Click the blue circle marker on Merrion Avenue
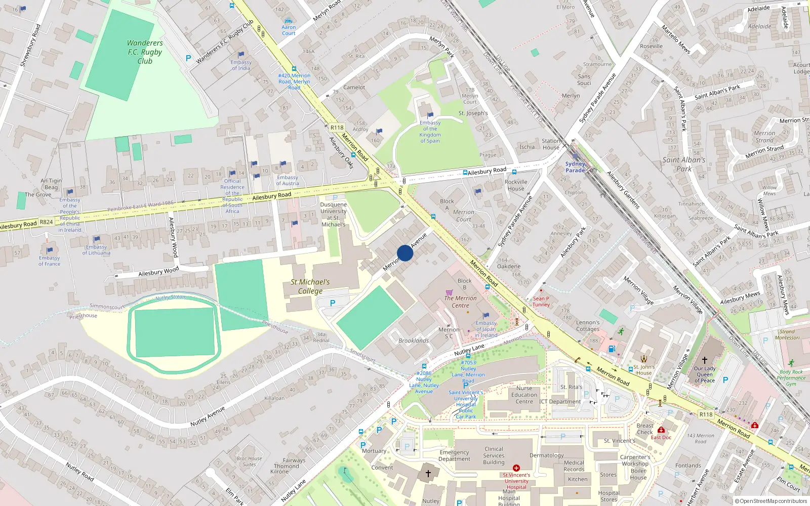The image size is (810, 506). pyautogui.click(x=405, y=253)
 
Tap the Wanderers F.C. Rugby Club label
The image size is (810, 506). pyautogui.click(x=145, y=52)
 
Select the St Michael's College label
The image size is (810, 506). pyautogui.click(x=310, y=286)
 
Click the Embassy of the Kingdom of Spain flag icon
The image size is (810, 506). pyautogui.click(x=430, y=115)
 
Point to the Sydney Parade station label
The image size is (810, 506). pyautogui.click(x=575, y=167)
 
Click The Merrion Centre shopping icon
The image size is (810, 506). pyautogui.click(x=449, y=292)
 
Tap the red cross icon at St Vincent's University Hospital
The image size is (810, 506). pyautogui.click(x=516, y=468)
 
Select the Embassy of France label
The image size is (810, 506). pyautogui.click(x=49, y=261)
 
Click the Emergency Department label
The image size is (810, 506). pyautogui.click(x=454, y=456)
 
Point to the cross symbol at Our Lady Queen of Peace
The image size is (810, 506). pyautogui.click(x=704, y=360)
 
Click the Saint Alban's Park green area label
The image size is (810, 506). pyautogui.click(x=684, y=164)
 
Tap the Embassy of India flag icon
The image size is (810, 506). pyautogui.click(x=241, y=55)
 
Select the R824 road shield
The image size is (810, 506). pyautogui.click(x=46, y=222)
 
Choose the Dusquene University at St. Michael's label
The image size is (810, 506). pyautogui.click(x=333, y=215)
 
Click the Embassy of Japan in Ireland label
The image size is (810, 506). pyautogui.click(x=486, y=329)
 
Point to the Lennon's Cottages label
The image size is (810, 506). pyautogui.click(x=588, y=325)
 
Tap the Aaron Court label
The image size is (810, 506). pyautogui.click(x=289, y=30)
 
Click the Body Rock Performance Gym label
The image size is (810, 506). pyautogui.click(x=791, y=378)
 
